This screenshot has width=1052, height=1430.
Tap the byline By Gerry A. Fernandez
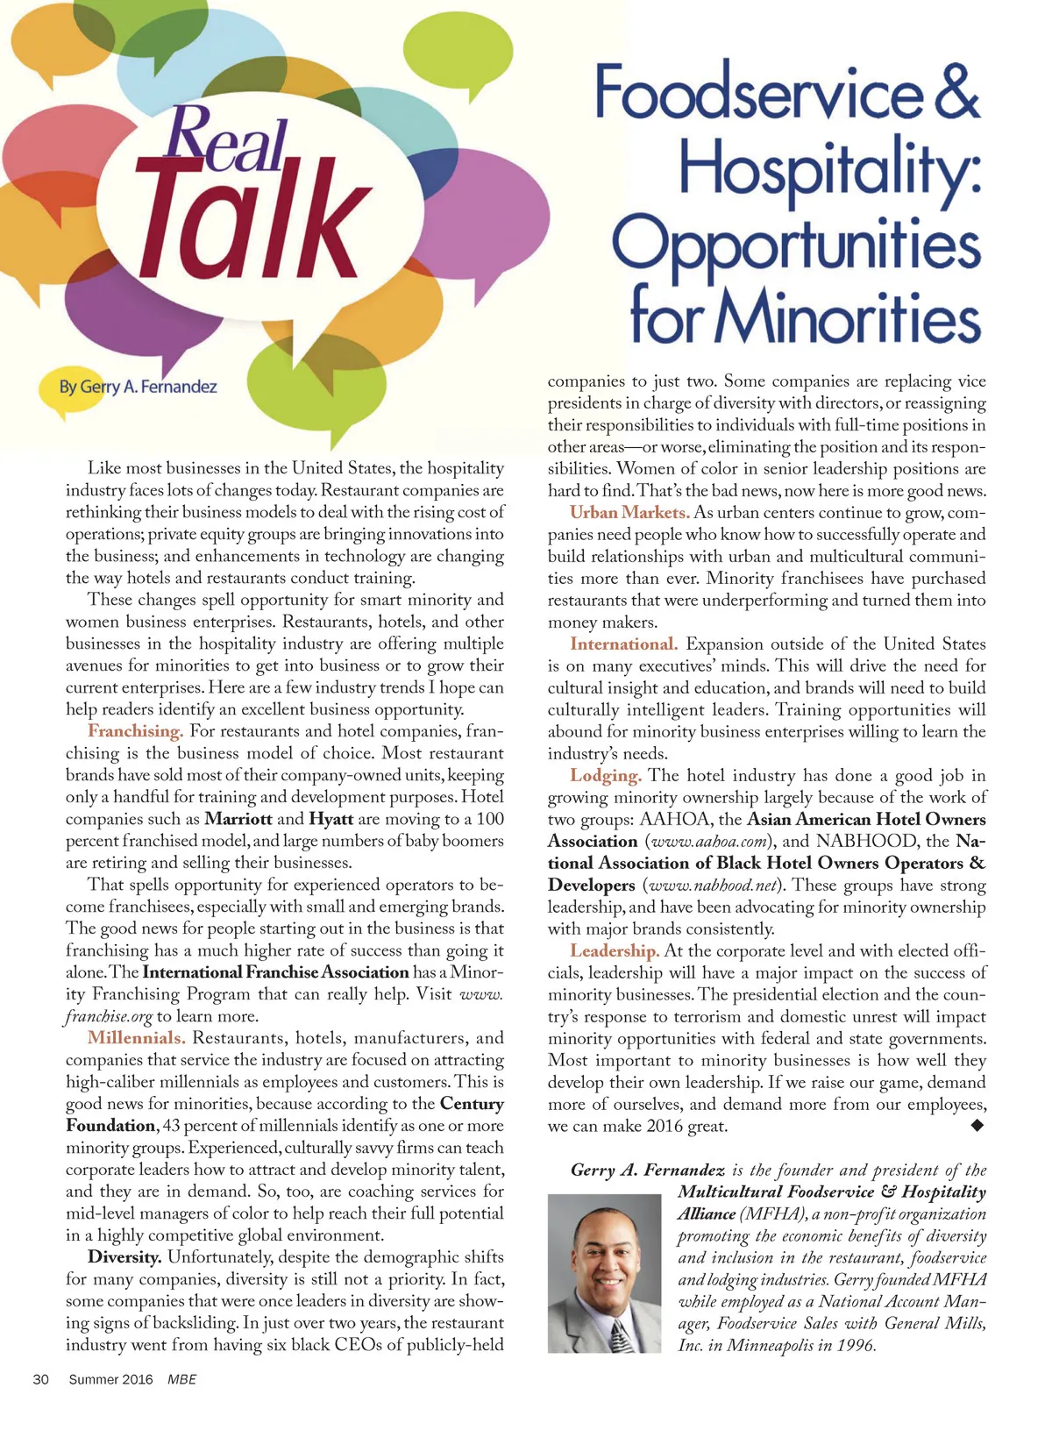pyautogui.click(x=138, y=387)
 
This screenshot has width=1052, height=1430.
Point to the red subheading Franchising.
pyautogui.click(x=135, y=731)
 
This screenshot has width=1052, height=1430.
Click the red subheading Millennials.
pyautogui.click(x=136, y=1038)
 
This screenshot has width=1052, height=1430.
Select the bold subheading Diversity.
pyautogui.click(x=124, y=1257)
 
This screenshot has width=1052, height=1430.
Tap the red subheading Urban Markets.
pyautogui.click(x=629, y=512)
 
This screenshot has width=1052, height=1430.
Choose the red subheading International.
pyautogui.click(x=623, y=644)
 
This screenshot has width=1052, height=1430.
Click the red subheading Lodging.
pyautogui.click(x=606, y=775)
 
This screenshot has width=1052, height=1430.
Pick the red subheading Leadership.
pyautogui.click(x=614, y=950)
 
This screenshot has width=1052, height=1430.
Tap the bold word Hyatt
pyautogui.click(x=331, y=819)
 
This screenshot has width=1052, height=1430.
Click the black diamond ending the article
pyautogui.click(x=978, y=1126)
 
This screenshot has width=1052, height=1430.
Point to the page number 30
pyautogui.click(x=40, y=1379)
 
